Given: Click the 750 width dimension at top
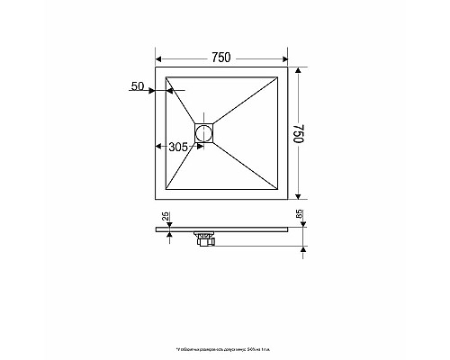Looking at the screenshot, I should [221, 57].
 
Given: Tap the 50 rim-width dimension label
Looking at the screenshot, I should [138, 86].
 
